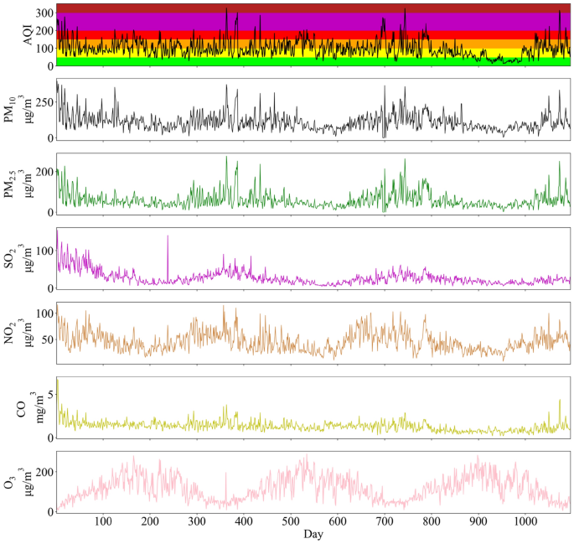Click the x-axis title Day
(x=313, y=534)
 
